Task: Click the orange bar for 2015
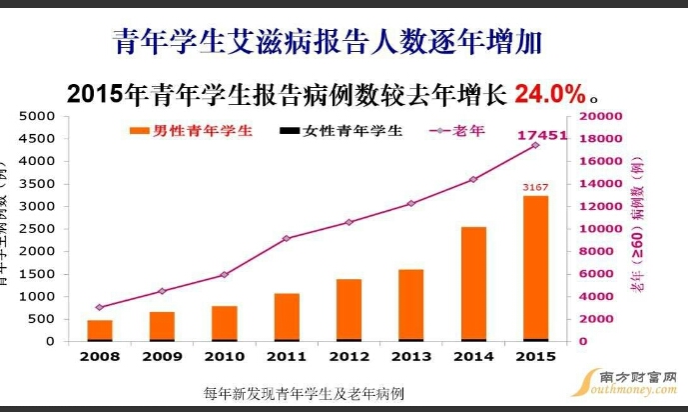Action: (535, 268)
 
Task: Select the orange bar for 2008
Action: (100, 330)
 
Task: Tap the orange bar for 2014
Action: (473, 284)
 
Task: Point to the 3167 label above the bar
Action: (536, 187)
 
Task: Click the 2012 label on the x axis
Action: (348, 357)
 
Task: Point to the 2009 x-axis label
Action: (162, 357)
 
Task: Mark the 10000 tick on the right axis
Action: (601, 229)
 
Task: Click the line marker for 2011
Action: (287, 238)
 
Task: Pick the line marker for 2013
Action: (410, 204)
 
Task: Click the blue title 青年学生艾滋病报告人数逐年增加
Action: (328, 42)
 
